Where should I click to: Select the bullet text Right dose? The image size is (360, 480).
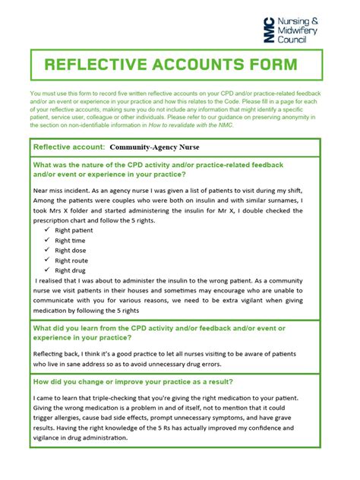73,250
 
